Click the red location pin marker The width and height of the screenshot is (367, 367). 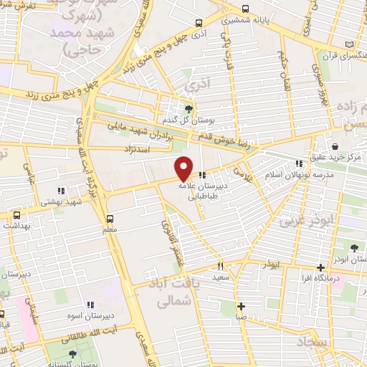point(184,168)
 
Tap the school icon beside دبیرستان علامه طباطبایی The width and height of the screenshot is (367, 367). point(203,174)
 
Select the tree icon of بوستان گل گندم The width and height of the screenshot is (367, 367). point(189,109)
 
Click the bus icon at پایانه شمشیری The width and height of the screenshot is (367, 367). point(246,10)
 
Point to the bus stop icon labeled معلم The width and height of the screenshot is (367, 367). point(110,218)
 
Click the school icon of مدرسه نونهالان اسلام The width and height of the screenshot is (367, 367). point(298,164)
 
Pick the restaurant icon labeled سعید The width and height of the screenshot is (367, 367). point(221,265)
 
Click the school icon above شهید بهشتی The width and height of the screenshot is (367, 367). point(61,191)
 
